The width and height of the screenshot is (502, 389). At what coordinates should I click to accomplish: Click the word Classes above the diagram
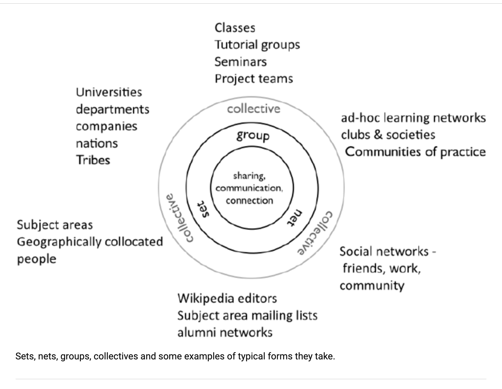tap(235, 28)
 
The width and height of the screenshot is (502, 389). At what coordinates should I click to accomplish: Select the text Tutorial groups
tap(257, 45)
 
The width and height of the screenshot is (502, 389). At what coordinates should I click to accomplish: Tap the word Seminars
tap(241, 62)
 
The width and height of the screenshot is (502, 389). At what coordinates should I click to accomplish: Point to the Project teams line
tap(254, 79)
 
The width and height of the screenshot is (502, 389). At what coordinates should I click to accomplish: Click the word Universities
tap(109, 92)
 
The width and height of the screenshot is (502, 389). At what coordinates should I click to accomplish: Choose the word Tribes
tap(93, 160)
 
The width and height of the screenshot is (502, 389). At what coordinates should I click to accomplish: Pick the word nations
tap(97, 143)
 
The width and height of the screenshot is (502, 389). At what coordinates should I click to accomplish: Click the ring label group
tap(253, 136)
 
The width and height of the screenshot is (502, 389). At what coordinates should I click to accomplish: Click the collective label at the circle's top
tap(253, 109)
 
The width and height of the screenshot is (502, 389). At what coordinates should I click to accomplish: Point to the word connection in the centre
tap(249, 201)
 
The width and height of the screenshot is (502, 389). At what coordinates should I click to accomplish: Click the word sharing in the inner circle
tap(249, 176)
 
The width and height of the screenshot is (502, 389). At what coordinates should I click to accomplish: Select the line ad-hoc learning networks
tap(413, 118)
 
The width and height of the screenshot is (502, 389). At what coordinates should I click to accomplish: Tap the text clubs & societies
tap(388, 135)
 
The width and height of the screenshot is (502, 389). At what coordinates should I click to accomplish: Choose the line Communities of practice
tap(415, 152)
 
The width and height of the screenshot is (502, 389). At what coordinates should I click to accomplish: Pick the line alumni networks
tap(225, 333)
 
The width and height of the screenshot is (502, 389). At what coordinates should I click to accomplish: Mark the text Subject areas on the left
tap(55, 225)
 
